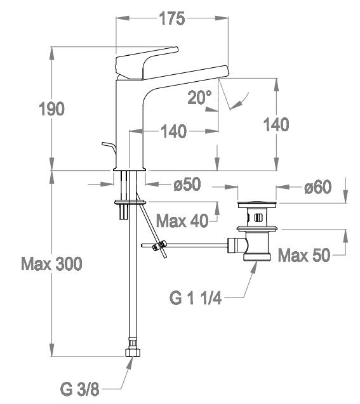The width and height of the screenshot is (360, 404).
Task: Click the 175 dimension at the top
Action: coord(172,18)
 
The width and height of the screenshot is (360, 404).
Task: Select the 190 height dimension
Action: coord(51,108)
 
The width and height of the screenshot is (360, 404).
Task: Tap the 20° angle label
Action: coord(199,98)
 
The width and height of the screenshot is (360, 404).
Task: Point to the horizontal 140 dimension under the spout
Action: coord(173,131)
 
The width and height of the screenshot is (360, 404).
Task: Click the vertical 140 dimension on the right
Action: coord(276,124)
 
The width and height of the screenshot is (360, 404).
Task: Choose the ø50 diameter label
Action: coord(187,185)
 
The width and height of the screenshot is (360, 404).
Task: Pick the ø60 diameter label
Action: coord(317,187)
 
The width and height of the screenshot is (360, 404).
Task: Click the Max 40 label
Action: coord(182,221)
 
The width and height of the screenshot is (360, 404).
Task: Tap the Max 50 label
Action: coord(304,255)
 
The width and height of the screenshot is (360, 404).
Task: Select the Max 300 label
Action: coord(51,264)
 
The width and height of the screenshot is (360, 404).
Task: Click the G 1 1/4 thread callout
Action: coord(195,298)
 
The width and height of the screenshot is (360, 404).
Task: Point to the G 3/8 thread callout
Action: coord(79,389)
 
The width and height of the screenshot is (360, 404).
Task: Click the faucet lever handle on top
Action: coord(147,63)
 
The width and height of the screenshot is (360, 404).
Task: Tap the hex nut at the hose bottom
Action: coord(133,352)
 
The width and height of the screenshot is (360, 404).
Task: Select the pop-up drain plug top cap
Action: coord(257,204)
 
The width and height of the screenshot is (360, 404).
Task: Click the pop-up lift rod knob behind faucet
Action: coord(109,147)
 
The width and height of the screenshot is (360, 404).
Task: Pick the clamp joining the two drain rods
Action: coord(158,245)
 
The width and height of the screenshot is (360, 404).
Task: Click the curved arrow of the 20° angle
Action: coord(239,101)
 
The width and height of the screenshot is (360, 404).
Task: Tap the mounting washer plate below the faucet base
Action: coord(130,202)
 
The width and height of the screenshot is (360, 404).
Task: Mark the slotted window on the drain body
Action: coord(258,218)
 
